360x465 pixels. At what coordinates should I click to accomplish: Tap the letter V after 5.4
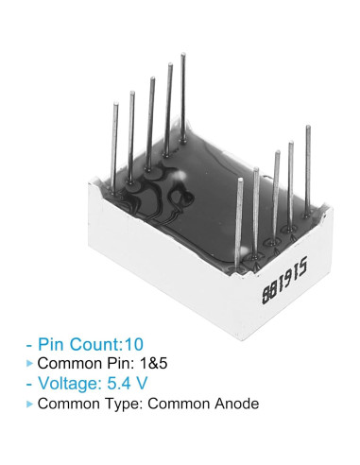[x=148, y=384]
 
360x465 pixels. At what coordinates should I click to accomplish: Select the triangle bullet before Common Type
[x=29, y=405]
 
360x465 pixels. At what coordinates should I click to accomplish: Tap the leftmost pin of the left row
[x=115, y=142]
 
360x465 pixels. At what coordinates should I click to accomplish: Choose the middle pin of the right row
[x=275, y=194]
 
